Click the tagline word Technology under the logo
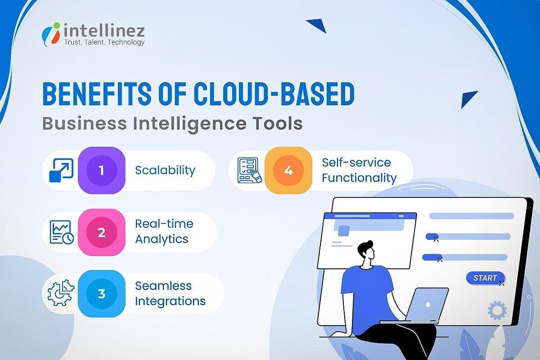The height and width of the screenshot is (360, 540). pos(124,42)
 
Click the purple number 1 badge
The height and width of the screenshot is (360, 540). pos(101,171)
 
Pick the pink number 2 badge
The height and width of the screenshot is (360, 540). pos(101,232)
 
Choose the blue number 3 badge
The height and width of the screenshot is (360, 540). pos(101,294)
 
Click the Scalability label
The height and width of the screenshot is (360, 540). pos(165,171)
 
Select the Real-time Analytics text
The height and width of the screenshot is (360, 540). pos(164,231)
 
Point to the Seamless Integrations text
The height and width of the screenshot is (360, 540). pos(170,293)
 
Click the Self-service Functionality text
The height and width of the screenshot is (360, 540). pos(359,170)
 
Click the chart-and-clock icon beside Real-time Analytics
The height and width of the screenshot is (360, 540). pos(62,232)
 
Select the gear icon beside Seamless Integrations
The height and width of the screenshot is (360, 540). pos(61,293)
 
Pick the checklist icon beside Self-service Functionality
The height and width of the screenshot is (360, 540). pos(249,170)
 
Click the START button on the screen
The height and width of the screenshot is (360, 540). pos(485,278)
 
